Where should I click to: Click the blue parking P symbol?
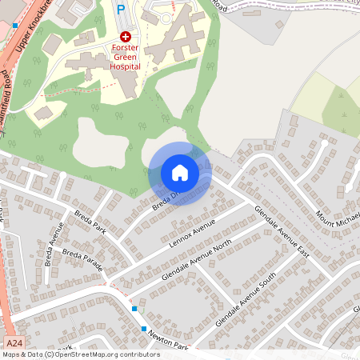coord(121,9)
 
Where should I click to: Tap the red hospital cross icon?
coord(125,37)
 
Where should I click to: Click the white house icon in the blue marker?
coord(180,173)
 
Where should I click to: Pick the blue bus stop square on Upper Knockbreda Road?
coord(14,26)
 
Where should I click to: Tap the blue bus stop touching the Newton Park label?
coord(144,329)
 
